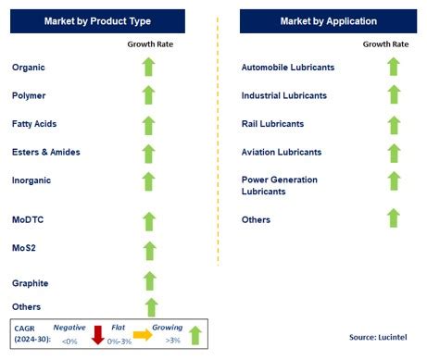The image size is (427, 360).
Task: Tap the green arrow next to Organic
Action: [x=148, y=67]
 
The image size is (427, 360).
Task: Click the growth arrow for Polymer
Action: [x=148, y=94]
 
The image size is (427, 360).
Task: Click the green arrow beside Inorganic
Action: [x=148, y=180]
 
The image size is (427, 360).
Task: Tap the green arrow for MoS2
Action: [x=148, y=250]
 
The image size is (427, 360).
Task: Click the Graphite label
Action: [x=31, y=283]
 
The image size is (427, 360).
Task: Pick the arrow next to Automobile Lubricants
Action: [x=394, y=67]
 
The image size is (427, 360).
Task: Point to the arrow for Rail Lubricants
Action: [x=394, y=124]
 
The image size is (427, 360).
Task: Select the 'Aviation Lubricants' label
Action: [x=282, y=152]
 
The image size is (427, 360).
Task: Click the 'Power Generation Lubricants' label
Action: [x=280, y=185]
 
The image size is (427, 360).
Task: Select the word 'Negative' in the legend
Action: [x=69, y=328]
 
